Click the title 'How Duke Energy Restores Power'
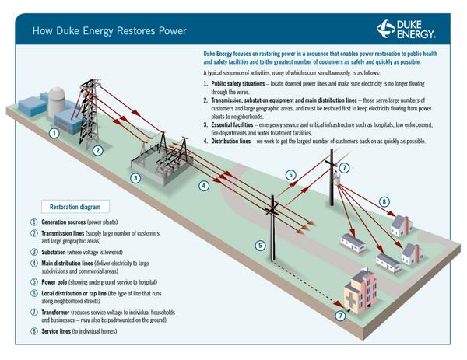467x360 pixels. point(109,31)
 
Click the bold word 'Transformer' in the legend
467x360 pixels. point(58,312)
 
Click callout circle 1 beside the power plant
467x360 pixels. point(54,133)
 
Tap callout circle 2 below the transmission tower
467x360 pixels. point(97,150)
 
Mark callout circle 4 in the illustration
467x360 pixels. point(203,186)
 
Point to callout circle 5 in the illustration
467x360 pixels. point(261,246)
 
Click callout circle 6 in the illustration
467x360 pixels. point(290,175)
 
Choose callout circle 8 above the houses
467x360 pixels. point(384,202)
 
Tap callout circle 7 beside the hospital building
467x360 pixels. point(339,316)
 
